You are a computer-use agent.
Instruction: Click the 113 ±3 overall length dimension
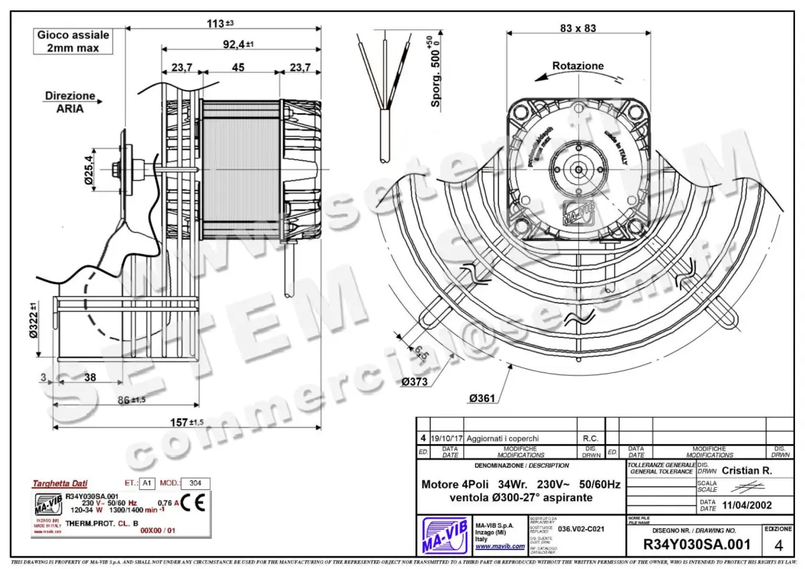219,23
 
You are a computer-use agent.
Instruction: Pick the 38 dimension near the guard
89,377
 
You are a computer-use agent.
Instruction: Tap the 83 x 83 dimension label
577,28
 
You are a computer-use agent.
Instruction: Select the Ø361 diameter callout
482,398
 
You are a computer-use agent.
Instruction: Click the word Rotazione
578,66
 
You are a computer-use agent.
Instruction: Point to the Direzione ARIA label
70,102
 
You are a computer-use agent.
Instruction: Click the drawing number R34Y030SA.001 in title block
696,544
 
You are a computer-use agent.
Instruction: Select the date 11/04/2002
744,505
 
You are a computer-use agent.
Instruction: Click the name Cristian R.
747,470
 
